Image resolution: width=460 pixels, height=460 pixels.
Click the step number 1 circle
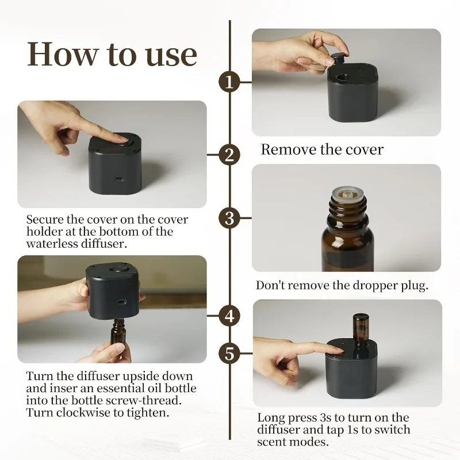coord(230,82)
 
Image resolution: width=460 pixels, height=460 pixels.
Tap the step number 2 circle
coord(230,155)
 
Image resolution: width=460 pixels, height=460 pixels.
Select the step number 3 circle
coord(230,218)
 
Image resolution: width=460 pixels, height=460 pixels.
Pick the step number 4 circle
coord(230,316)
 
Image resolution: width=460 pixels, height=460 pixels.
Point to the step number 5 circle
coord(230,354)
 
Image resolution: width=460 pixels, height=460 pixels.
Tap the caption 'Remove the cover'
coord(321,150)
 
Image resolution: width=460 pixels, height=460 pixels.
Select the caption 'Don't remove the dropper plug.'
coord(342,286)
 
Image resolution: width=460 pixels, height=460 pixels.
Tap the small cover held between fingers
coord(338,57)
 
